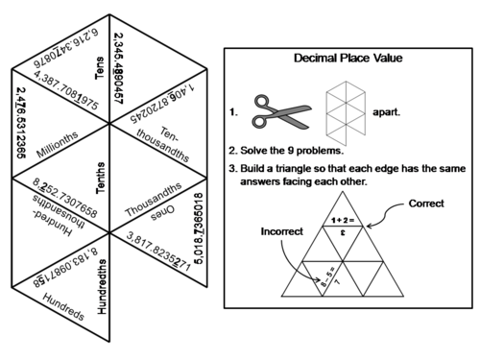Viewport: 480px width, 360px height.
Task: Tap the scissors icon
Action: [x=279, y=112]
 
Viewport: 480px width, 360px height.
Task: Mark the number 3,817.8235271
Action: [x=170, y=241]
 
